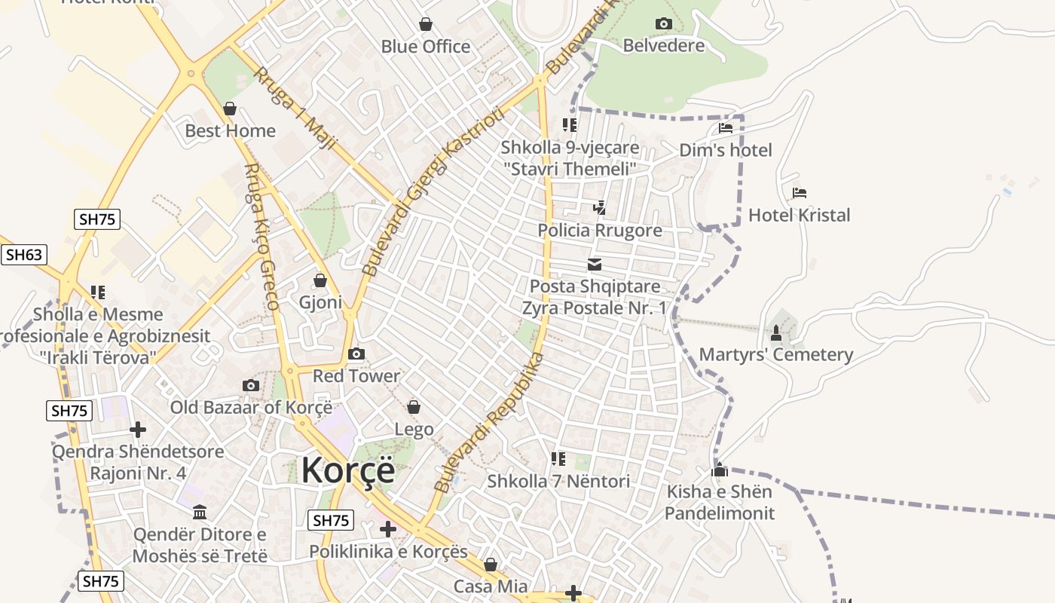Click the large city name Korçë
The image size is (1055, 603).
[x=348, y=470]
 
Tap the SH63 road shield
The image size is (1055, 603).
[x=23, y=255]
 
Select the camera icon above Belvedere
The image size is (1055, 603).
[x=663, y=24]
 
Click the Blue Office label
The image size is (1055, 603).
[x=426, y=47]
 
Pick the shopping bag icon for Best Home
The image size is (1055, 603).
[x=230, y=109]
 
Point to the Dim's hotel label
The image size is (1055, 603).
[x=726, y=150]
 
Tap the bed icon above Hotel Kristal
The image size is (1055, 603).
[x=800, y=194]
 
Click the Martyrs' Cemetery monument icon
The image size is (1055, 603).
[x=776, y=332]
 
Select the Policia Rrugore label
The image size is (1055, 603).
[x=600, y=230]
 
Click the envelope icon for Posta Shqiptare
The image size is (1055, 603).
[x=595, y=265]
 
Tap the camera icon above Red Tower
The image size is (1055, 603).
[x=356, y=354]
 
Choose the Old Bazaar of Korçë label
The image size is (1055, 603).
[x=251, y=408]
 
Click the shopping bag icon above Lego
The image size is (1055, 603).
[x=414, y=408]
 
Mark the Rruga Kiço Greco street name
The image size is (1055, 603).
[x=262, y=237]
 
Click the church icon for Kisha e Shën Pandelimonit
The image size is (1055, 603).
[x=719, y=470]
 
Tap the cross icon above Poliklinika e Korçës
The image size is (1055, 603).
[x=388, y=529]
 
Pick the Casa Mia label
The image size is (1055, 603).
[x=491, y=586]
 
